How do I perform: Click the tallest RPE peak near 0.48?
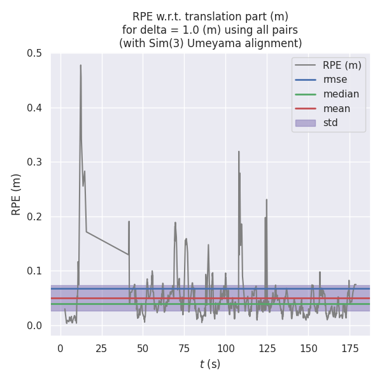pyautogui.click(x=80, y=65)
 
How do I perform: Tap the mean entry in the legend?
pyautogui.click(x=336, y=108)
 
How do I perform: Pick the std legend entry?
pyautogui.click(x=330, y=123)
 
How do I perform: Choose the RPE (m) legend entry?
pyautogui.click(x=342, y=66)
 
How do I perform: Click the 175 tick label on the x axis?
pyautogui.click(x=349, y=349)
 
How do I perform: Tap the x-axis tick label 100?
pyautogui.click(x=225, y=349)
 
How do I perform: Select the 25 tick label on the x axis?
pyautogui.click(x=101, y=349)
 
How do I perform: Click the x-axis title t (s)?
pyautogui.click(x=210, y=364)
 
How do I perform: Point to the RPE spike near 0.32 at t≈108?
pyautogui.click(x=239, y=152)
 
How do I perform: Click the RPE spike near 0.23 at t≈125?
pyautogui.click(x=267, y=200)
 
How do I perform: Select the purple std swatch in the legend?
pyautogui.click(x=306, y=123)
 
